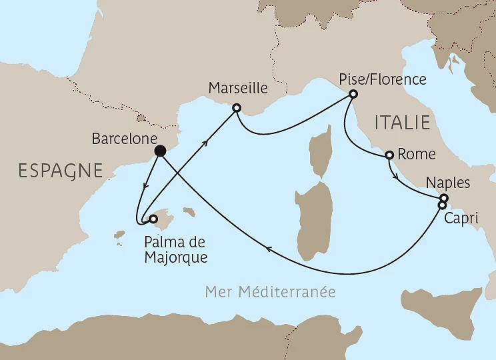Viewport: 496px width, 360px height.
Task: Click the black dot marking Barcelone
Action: (x=160, y=151)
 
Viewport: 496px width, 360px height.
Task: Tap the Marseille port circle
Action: (x=236, y=107)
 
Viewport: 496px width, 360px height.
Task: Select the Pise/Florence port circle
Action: (x=353, y=95)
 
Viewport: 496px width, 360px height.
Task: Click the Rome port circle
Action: (x=389, y=155)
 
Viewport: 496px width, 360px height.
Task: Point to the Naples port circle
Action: (x=444, y=197)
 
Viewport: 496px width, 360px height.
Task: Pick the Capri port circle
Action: (x=441, y=205)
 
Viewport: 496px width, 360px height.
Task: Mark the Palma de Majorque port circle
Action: (x=153, y=218)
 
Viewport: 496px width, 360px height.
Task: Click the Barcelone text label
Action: (x=119, y=139)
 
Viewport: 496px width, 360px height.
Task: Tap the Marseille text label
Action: (x=238, y=88)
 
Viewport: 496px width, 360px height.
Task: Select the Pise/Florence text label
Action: (x=382, y=79)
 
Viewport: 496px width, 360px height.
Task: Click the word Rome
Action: (x=416, y=155)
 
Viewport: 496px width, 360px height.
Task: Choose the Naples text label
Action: (x=447, y=183)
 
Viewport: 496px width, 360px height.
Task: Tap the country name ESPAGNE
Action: (x=61, y=171)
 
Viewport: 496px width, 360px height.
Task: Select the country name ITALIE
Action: (x=402, y=123)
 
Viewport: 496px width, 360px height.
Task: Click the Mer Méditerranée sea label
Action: (x=270, y=292)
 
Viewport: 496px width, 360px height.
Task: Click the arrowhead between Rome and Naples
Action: (x=398, y=178)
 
